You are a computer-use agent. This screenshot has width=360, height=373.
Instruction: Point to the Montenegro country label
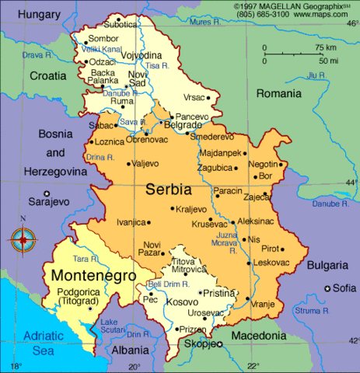[93, 275]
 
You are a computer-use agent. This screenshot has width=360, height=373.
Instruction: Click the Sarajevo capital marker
[47, 193]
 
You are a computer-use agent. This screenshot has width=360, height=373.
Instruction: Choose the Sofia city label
[344, 288]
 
